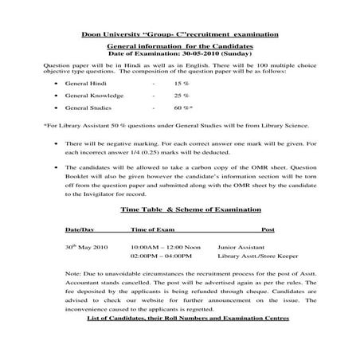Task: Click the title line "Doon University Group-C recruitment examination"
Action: coord(179,35)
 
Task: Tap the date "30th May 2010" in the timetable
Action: coord(85,248)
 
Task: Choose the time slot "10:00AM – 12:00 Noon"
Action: coord(166,248)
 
